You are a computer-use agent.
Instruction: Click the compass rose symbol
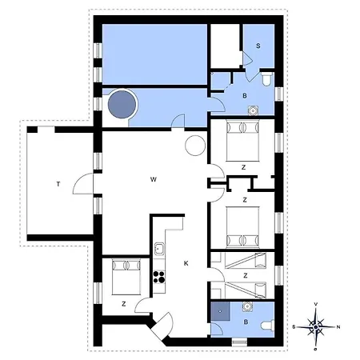pyautogui.click(x=317, y=326)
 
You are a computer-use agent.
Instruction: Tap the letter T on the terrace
pyautogui.click(x=58, y=184)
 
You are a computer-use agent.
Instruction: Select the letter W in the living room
pyautogui.click(x=152, y=179)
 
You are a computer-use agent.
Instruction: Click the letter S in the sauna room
pyautogui.click(x=258, y=46)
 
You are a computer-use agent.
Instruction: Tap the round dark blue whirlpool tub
pyautogui.click(x=122, y=104)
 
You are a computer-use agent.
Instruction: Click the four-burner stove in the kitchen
pyautogui.click(x=158, y=278)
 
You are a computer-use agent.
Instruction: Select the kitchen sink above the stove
pyautogui.click(x=158, y=249)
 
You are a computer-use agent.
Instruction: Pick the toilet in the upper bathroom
pyautogui.click(x=266, y=79)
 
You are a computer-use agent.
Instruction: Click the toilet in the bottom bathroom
pyautogui.click(x=267, y=324)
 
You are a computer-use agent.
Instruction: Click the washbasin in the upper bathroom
pyautogui.click(x=254, y=110)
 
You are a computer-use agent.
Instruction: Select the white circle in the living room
pyautogui.click(x=195, y=146)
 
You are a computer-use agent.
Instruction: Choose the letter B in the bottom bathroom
pyautogui.click(x=246, y=322)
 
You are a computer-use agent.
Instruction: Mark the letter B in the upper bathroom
pyautogui.click(x=245, y=94)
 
